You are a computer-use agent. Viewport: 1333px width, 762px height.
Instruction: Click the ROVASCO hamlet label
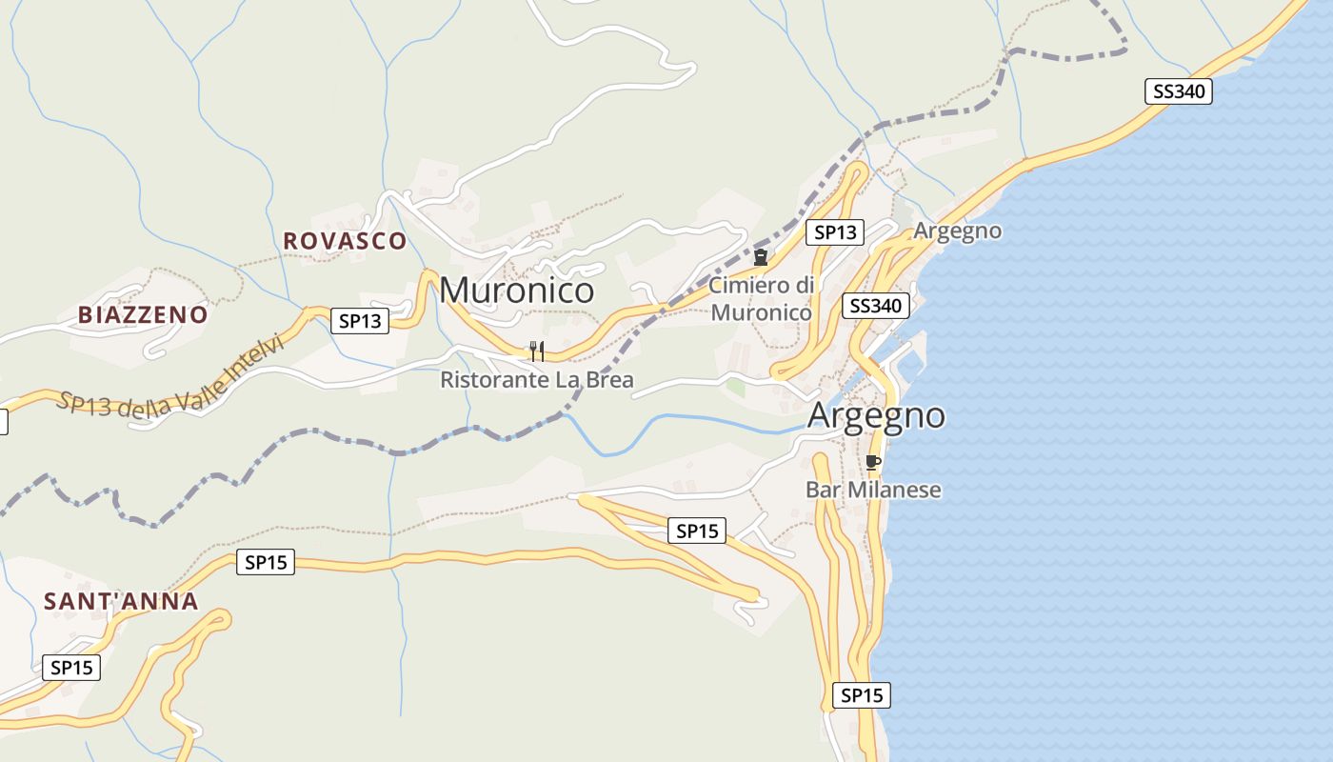click(x=345, y=241)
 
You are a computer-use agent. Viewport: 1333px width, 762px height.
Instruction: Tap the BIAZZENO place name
click(x=143, y=314)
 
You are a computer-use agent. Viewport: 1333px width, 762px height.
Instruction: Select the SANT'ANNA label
click(x=121, y=601)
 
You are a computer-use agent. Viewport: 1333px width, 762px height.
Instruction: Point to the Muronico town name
click(x=517, y=290)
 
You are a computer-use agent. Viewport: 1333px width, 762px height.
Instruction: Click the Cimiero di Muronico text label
click(x=762, y=298)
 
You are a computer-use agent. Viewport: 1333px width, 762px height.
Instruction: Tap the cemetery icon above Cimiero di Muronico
click(x=761, y=257)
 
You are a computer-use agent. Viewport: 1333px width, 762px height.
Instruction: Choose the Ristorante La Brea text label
click(x=536, y=380)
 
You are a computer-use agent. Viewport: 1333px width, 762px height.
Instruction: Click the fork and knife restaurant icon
click(x=537, y=351)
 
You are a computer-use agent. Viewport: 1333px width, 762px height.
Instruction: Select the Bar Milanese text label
click(x=873, y=490)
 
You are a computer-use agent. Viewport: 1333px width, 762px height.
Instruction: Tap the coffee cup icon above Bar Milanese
click(x=872, y=463)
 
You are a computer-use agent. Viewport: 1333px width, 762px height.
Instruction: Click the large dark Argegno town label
click(x=876, y=416)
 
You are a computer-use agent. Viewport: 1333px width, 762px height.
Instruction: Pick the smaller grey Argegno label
click(x=958, y=231)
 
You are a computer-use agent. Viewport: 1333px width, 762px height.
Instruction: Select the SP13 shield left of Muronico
click(x=361, y=321)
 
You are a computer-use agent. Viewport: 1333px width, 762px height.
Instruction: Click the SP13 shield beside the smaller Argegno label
click(x=835, y=231)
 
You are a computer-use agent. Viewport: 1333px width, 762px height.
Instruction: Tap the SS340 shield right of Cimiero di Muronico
click(x=876, y=306)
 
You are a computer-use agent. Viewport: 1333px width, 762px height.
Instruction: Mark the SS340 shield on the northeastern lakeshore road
click(x=1178, y=91)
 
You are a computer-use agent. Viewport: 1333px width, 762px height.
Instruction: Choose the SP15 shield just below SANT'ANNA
click(x=71, y=668)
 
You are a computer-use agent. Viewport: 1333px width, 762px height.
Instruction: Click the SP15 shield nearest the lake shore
click(x=862, y=695)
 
